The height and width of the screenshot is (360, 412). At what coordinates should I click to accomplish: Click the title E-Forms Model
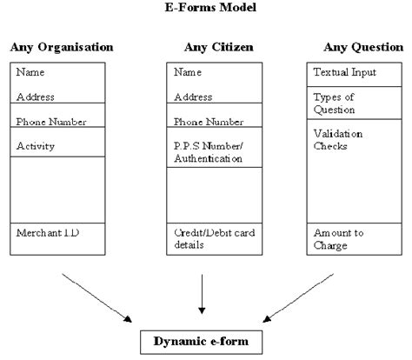(206, 7)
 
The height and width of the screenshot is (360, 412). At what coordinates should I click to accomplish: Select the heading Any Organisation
(63, 46)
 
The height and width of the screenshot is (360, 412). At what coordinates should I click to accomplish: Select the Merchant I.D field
(45, 233)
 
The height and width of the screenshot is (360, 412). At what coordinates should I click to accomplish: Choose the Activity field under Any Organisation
(36, 145)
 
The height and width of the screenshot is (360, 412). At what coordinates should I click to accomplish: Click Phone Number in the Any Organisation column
(51, 121)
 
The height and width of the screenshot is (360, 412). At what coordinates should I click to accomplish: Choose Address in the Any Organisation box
(36, 97)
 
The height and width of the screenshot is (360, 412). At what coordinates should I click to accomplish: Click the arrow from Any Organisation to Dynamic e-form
(96, 297)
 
